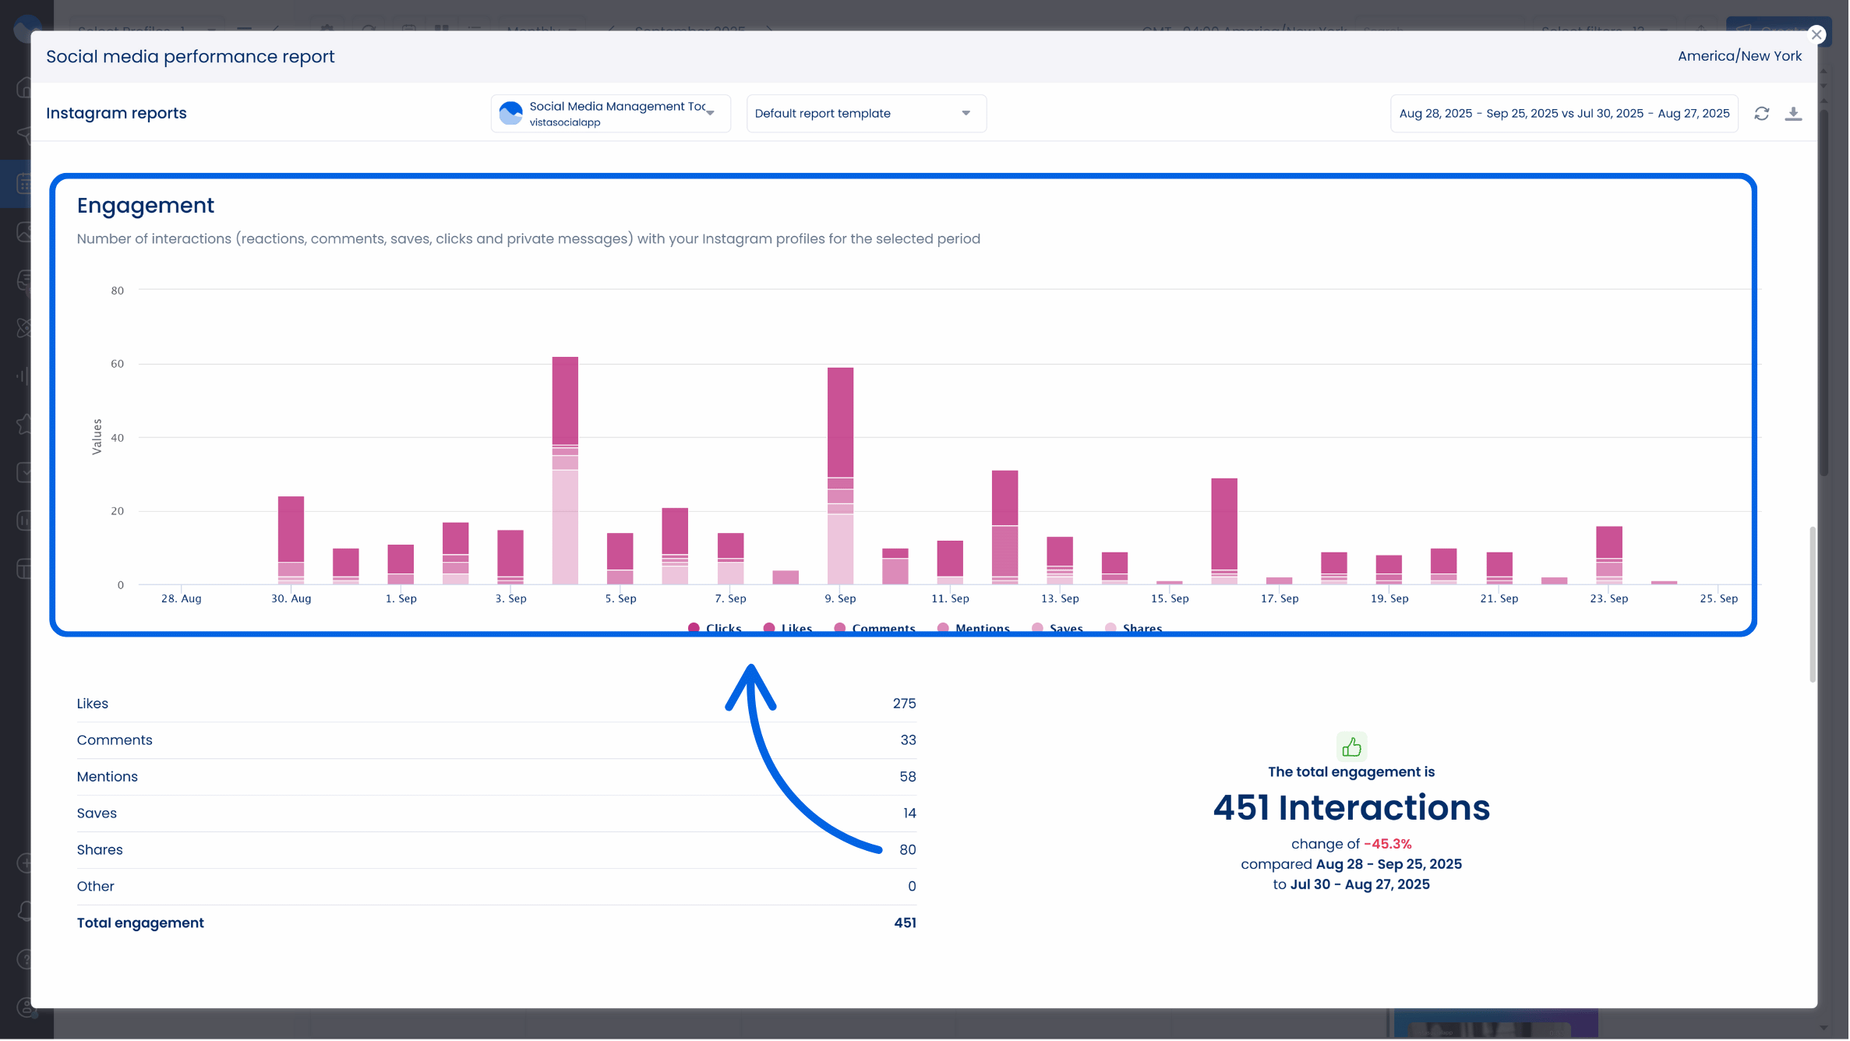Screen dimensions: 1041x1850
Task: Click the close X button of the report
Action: (x=1816, y=34)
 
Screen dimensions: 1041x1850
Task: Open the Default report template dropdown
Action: (x=866, y=113)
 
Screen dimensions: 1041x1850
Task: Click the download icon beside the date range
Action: (x=1793, y=114)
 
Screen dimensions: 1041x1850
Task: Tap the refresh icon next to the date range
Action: (x=1761, y=114)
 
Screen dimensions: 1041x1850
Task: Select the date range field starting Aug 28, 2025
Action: (x=1563, y=114)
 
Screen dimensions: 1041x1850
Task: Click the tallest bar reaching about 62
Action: (x=565, y=468)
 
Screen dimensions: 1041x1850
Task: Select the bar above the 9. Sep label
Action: (x=840, y=475)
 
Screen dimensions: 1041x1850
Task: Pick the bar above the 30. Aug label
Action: (x=291, y=538)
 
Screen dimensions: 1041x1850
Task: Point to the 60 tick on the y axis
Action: (x=117, y=364)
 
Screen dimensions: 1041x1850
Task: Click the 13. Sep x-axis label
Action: (x=1060, y=598)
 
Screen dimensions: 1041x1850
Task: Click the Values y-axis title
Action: (x=97, y=436)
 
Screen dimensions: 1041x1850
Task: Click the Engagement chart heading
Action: (x=145, y=205)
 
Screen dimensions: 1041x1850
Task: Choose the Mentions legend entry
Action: (x=981, y=628)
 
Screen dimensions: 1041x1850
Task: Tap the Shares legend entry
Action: (x=1141, y=628)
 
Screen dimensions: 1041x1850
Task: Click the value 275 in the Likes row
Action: (x=904, y=704)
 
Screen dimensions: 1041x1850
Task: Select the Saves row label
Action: (x=97, y=813)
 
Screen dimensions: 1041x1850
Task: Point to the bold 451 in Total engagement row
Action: (x=905, y=923)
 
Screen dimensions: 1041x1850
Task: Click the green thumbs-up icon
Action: (x=1351, y=747)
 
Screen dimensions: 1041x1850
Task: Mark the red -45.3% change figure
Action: (x=1387, y=844)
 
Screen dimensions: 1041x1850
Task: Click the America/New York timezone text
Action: (x=1739, y=56)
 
